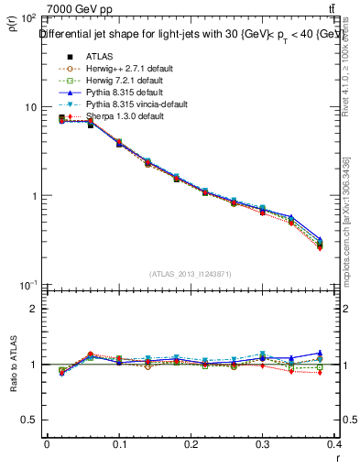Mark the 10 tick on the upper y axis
pyautogui.click(x=30, y=107)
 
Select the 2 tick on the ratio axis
pyautogui.click(x=33, y=309)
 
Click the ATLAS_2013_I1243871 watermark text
pyautogui.click(x=191, y=274)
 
